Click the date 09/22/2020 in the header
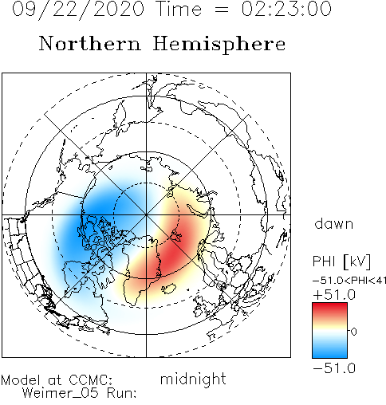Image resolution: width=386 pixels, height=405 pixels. (x=78, y=10)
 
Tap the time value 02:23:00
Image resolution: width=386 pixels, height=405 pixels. (x=286, y=9)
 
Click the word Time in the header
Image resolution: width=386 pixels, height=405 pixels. (x=179, y=9)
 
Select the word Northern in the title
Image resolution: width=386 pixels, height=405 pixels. (x=90, y=44)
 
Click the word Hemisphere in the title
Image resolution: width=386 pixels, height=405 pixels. (x=219, y=45)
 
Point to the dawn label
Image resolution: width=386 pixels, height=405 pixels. (x=334, y=224)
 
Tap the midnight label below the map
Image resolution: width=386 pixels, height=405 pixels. (x=193, y=380)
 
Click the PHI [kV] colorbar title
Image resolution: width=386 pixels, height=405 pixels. (x=341, y=261)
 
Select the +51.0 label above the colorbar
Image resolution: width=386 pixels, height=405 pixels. (x=334, y=295)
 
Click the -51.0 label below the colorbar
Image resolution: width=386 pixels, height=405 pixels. (x=334, y=368)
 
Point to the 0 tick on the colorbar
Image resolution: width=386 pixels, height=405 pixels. (x=353, y=332)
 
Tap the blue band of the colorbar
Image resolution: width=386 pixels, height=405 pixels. (x=329, y=351)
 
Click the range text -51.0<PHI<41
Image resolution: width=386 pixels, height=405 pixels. (x=349, y=281)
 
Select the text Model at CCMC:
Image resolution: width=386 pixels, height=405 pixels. (x=57, y=380)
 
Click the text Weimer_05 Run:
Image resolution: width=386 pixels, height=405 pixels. (x=79, y=393)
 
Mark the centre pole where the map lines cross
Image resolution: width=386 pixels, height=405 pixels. (x=146, y=214)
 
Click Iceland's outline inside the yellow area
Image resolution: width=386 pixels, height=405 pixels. (x=168, y=289)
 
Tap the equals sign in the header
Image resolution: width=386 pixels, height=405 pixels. (x=221, y=10)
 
